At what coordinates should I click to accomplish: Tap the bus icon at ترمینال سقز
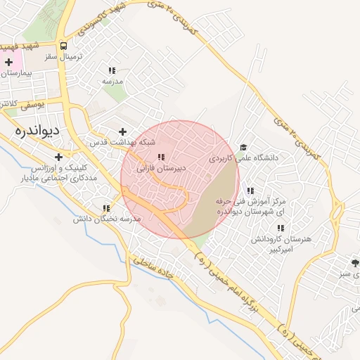tap(64, 41)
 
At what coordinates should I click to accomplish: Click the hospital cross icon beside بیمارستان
tap(8, 63)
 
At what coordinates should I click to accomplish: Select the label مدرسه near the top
tap(112, 82)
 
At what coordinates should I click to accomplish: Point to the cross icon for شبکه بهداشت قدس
tap(123, 131)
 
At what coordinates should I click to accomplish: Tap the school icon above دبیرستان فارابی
tap(161, 157)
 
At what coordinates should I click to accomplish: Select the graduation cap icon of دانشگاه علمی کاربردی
tap(243, 148)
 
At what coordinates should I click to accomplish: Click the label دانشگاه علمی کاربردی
tap(243, 159)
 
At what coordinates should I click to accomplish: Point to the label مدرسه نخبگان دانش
tap(108, 219)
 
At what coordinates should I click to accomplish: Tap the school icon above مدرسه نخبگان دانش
tap(106, 208)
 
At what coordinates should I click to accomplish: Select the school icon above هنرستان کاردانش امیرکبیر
tap(281, 229)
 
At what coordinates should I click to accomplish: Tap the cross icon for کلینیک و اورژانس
tap(58, 156)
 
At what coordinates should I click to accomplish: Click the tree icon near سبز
tap(356, 264)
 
